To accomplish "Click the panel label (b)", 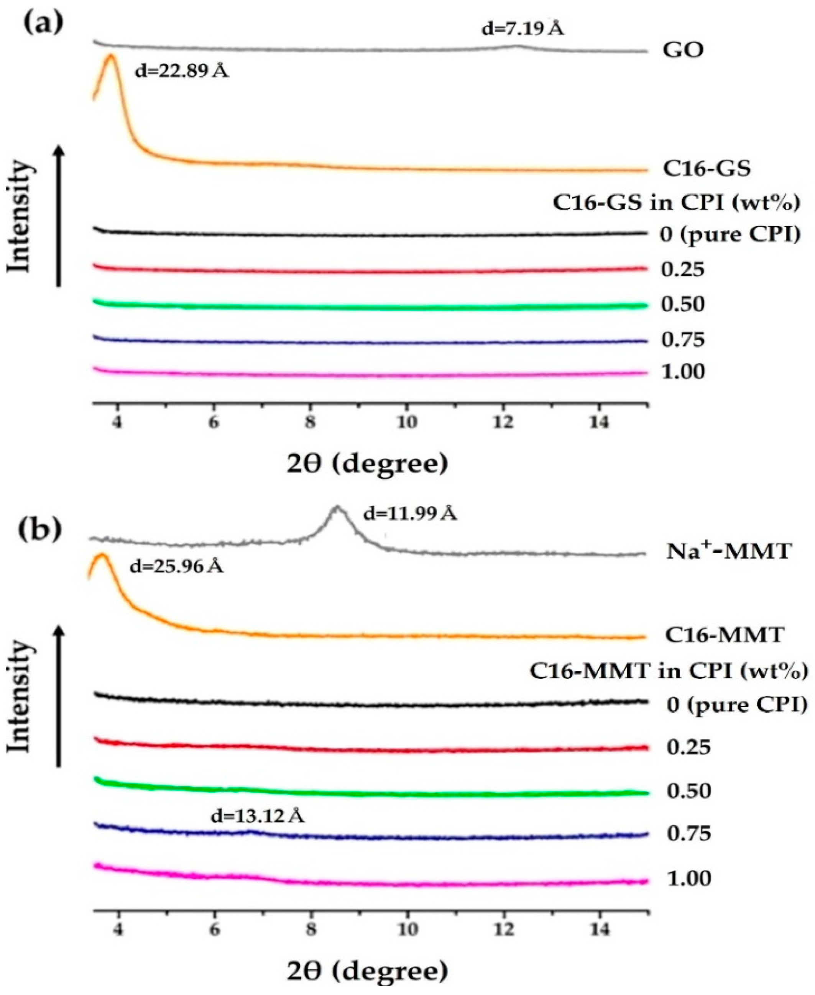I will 40,529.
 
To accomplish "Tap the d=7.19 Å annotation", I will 523,29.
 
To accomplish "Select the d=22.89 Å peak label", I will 182,72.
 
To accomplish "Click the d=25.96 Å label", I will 176,567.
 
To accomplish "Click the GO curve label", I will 683,50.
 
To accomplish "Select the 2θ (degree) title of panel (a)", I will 366,464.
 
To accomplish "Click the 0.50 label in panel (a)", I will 683,305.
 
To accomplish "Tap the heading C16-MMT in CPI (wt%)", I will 669,671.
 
